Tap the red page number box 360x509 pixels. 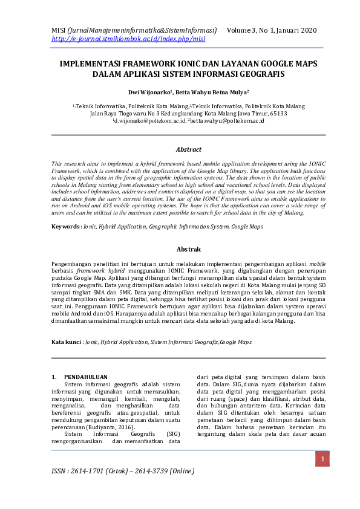[323, 461]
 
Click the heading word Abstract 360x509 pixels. [189, 149]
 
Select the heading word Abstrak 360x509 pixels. [189, 249]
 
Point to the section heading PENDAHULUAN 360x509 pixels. [87, 377]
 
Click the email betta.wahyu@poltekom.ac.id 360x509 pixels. [227, 122]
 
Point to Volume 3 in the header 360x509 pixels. [243, 30]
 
